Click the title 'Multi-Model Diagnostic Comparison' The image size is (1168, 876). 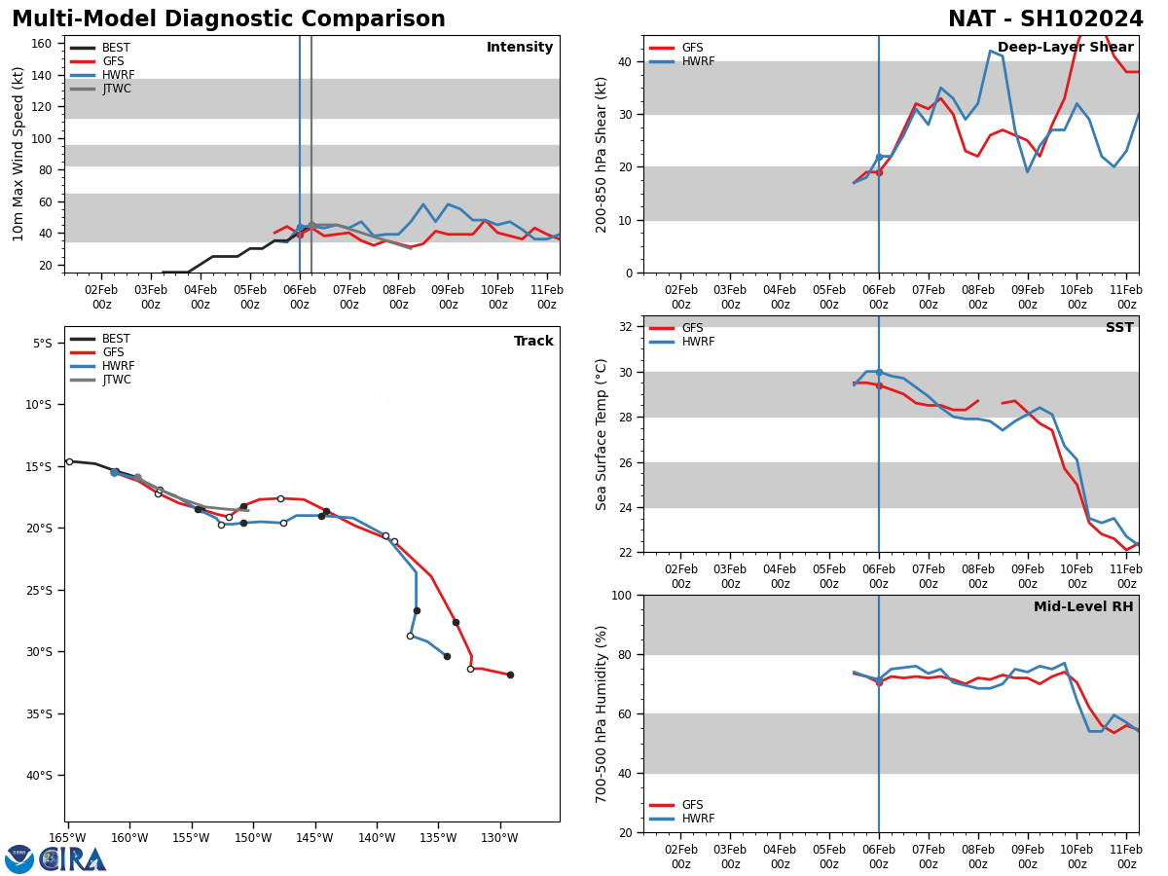coord(229,19)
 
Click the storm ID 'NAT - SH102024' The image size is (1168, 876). coord(1045,19)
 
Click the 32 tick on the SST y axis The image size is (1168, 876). coord(627,327)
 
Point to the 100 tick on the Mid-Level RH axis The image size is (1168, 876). coord(620,595)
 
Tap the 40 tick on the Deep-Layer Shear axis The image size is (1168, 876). coord(627,61)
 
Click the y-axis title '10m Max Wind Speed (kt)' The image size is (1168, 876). coord(18,154)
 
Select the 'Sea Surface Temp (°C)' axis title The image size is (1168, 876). coord(602,434)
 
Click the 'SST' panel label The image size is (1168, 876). coord(1119,328)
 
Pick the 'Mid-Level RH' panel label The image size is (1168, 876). coord(1083,607)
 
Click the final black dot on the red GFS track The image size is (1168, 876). coord(510,675)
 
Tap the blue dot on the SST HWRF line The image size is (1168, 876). coord(879,372)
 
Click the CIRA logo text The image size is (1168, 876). coord(74,859)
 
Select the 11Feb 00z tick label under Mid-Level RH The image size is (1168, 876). coord(1126,857)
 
